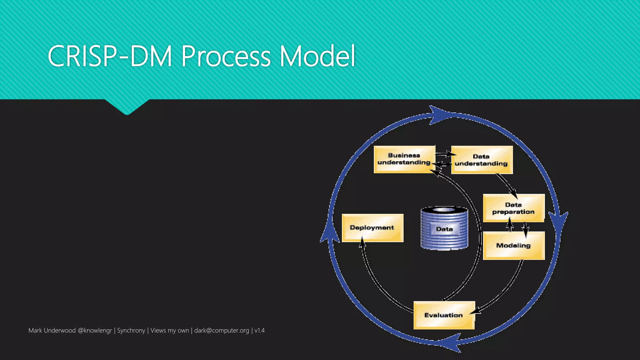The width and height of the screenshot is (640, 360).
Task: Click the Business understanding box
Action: pyautogui.click(x=404, y=159)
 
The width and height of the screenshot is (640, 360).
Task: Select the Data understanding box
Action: pyautogui.click(x=482, y=160)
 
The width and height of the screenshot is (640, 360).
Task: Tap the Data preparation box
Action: pyautogui.click(x=513, y=208)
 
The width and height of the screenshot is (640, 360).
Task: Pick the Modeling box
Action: pyautogui.click(x=513, y=246)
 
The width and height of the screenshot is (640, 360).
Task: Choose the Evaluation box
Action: pyautogui.click(x=444, y=315)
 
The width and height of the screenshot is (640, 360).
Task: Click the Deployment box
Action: pyautogui.click(x=372, y=228)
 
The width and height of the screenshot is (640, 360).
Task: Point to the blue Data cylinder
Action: pyautogui.click(x=444, y=228)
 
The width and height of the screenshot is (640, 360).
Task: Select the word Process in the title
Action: pyautogui.click(x=226, y=56)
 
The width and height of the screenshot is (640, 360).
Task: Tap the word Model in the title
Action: pyautogui.click(x=317, y=56)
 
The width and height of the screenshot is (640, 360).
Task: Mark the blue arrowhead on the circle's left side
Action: pyautogui.click(x=330, y=231)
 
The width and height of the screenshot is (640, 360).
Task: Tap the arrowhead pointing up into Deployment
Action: pyautogui.click(x=362, y=242)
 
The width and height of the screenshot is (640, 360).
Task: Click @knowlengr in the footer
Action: pyautogui.click(x=95, y=330)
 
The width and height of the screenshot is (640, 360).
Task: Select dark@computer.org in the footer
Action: pyautogui.click(x=222, y=330)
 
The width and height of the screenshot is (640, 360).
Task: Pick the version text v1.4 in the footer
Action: pyautogui.click(x=259, y=330)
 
